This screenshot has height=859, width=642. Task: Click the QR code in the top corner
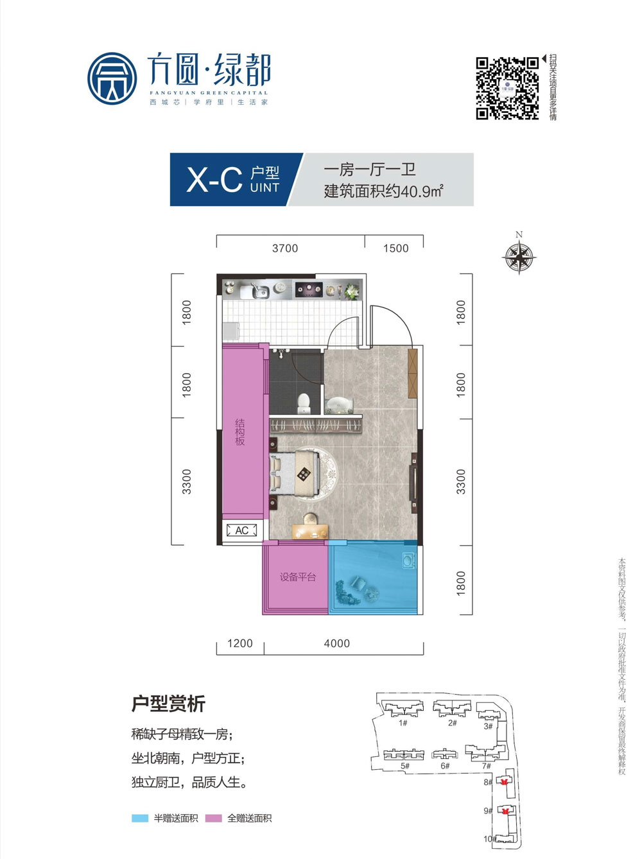[x=507, y=88]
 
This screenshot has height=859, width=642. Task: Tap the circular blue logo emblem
[x=112, y=78]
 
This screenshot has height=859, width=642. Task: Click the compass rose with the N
[x=519, y=257]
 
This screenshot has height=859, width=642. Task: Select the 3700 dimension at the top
[x=285, y=248]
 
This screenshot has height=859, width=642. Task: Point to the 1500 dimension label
[x=395, y=248]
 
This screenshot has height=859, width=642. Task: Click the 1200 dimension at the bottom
[x=240, y=643]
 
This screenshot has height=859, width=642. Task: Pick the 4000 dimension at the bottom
[x=337, y=643]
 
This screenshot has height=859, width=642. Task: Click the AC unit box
[x=242, y=530]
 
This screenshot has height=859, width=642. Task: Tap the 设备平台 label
[x=297, y=577]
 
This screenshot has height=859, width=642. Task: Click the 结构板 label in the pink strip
[x=239, y=432]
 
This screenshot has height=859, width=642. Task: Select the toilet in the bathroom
[x=304, y=403]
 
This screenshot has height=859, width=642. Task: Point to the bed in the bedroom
[x=295, y=474]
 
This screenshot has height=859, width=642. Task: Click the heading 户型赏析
[x=168, y=704]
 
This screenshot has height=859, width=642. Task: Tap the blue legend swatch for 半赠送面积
[x=140, y=819]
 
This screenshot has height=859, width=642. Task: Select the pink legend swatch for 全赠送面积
[x=213, y=819]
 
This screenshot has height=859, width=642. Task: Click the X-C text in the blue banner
[x=214, y=179]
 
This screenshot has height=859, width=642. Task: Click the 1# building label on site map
[x=403, y=723]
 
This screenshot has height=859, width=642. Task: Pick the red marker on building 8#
[x=505, y=782]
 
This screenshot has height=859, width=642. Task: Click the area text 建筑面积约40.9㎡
[x=383, y=191]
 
